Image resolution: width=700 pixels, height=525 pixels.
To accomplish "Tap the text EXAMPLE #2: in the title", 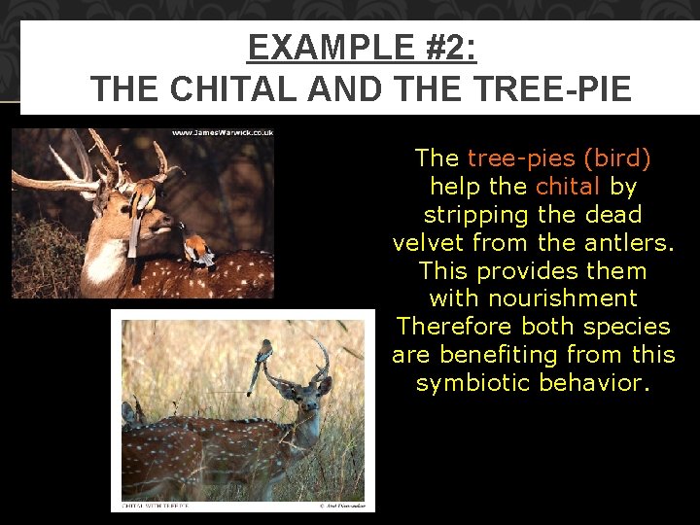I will tap(362, 47).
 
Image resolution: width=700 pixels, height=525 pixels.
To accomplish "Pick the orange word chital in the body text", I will tap(569, 186).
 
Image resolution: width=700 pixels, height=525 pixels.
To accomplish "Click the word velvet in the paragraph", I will tap(435, 242).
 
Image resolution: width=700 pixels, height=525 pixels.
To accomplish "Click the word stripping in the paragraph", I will tap(475, 214).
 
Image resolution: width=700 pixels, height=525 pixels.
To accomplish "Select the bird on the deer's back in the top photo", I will tap(199, 248).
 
